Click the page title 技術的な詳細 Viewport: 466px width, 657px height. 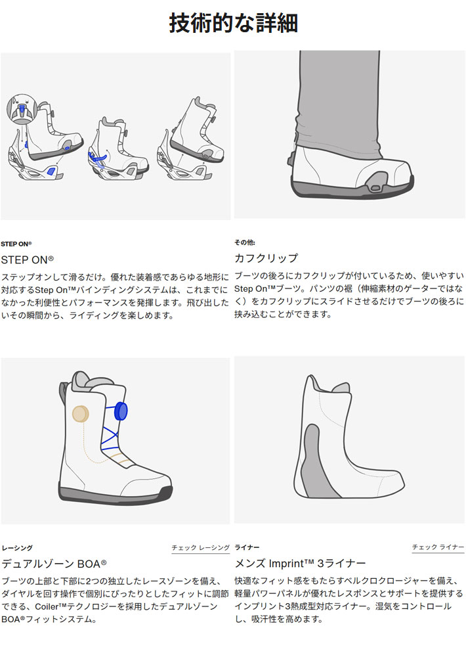click(x=233, y=24)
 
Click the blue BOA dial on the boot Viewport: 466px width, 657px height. click(x=121, y=411)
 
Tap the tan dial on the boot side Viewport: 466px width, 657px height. click(x=80, y=413)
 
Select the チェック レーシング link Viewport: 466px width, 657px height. click(x=200, y=547)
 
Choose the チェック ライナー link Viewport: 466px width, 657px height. click(x=438, y=547)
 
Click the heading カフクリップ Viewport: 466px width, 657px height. click(x=266, y=258)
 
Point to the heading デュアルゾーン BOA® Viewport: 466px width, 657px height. click(x=54, y=564)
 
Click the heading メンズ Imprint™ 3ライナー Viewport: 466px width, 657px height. click(x=300, y=564)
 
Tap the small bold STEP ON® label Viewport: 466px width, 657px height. click(x=16, y=243)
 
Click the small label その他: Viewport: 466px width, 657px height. click(x=245, y=242)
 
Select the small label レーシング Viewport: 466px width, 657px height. click(x=17, y=547)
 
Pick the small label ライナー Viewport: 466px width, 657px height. click(x=247, y=547)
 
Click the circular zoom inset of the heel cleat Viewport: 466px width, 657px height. click(x=21, y=110)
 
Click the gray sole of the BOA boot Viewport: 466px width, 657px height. click(x=115, y=495)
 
